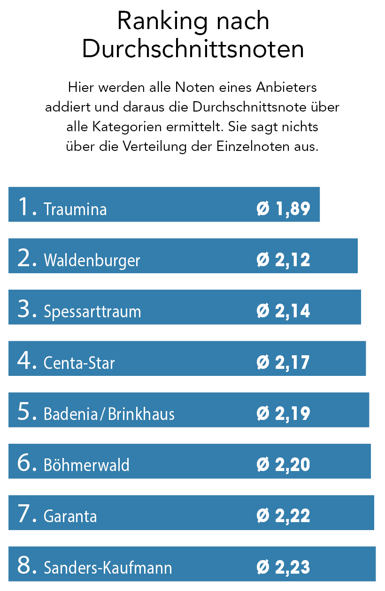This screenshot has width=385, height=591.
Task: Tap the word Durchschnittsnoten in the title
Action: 192,49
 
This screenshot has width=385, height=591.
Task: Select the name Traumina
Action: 75,209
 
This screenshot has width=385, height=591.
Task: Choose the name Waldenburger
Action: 92,260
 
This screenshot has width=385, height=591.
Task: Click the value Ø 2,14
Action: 284,311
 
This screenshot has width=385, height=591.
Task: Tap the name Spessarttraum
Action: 92,312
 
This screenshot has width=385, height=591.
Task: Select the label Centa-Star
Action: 79,363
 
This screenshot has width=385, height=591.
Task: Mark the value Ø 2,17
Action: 284,362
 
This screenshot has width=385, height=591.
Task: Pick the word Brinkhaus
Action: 141,414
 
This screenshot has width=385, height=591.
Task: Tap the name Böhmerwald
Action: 86,465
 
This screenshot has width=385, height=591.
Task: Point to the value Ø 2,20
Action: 284,465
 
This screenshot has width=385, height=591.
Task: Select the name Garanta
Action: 70,516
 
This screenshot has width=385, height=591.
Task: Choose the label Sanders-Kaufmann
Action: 108,568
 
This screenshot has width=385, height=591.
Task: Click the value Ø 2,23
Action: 284,568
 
